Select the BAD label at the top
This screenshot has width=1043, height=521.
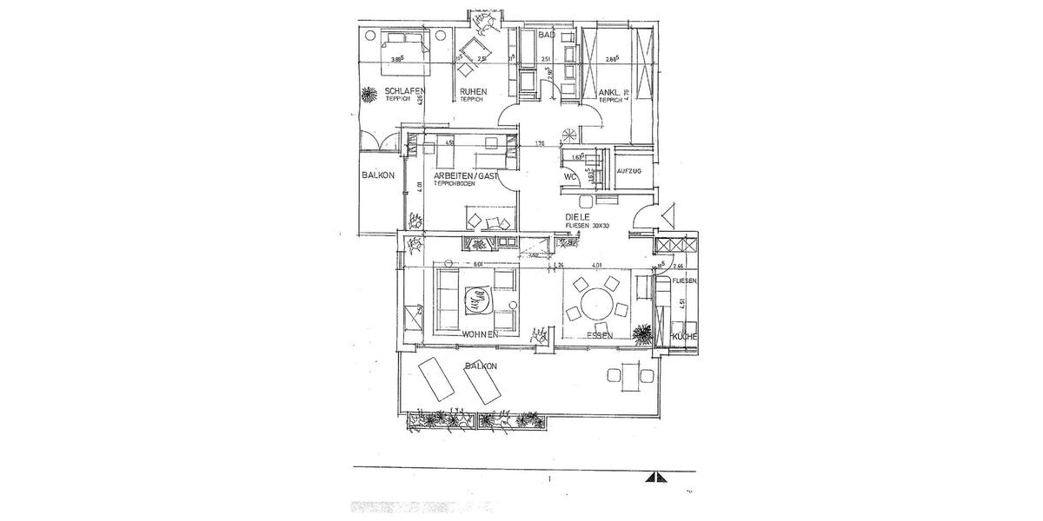click(546, 35)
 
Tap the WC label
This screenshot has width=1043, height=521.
click(570, 176)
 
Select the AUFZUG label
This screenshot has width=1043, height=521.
click(628, 172)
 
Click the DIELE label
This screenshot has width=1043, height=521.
click(578, 217)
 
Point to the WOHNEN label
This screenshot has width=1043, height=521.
click(480, 334)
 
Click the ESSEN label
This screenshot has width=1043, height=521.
click(600, 334)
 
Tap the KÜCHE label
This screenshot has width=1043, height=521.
click(685, 335)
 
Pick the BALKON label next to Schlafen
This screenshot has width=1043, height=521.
click(378, 175)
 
